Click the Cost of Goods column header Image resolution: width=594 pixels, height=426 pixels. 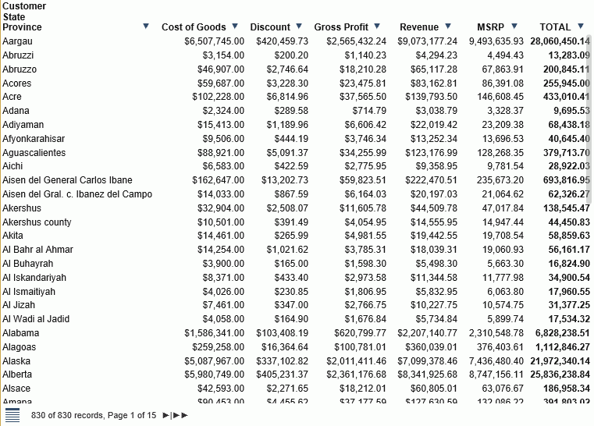point(194,27)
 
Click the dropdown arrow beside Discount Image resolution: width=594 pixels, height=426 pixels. point(299,27)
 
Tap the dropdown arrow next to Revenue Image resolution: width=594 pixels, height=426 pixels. point(447,27)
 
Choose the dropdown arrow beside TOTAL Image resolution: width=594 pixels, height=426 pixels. point(580,27)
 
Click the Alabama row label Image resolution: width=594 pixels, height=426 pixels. point(21,332)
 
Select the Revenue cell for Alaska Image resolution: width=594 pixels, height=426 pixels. point(427,360)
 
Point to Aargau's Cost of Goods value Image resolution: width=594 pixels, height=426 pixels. point(214,41)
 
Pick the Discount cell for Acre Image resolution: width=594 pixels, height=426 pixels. point(286,97)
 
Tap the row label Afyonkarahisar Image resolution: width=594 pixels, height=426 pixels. point(34,138)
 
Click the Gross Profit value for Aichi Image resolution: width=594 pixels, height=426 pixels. point(365,166)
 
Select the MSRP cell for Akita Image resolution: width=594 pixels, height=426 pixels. point(503,236)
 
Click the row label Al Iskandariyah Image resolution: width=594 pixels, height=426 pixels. point(34,277)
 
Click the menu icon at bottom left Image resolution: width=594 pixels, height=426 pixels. point(12,415)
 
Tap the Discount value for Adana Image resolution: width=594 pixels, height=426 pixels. point(291,111)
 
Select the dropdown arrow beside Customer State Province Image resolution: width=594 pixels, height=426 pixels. point(146,27)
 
